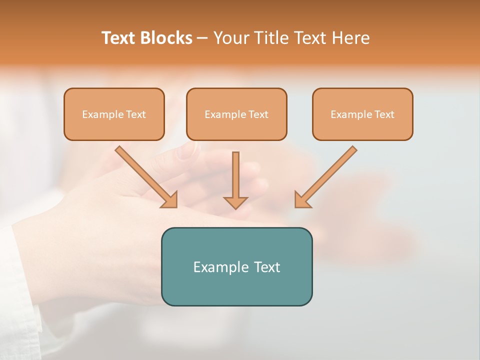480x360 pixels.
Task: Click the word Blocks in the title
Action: [x=166, y=38]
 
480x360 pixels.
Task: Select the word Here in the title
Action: [x=349, y=38]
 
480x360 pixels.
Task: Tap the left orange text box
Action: [x=114, y=114]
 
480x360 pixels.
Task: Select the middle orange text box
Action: [x=236, y=114]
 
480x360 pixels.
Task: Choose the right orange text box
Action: [x=362, y=114]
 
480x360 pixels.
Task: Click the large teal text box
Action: [x=236, y=266]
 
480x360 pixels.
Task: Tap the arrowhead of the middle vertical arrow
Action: [x=235, y=202]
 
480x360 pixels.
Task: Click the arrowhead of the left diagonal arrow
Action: [x=170, y=200]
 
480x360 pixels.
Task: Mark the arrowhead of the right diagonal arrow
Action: [x=302, y=200]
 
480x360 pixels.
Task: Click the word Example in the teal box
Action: [x=214, y=267]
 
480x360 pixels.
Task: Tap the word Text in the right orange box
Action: [x=384, y=114]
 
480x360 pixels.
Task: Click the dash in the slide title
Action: [x=202, y=38]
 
